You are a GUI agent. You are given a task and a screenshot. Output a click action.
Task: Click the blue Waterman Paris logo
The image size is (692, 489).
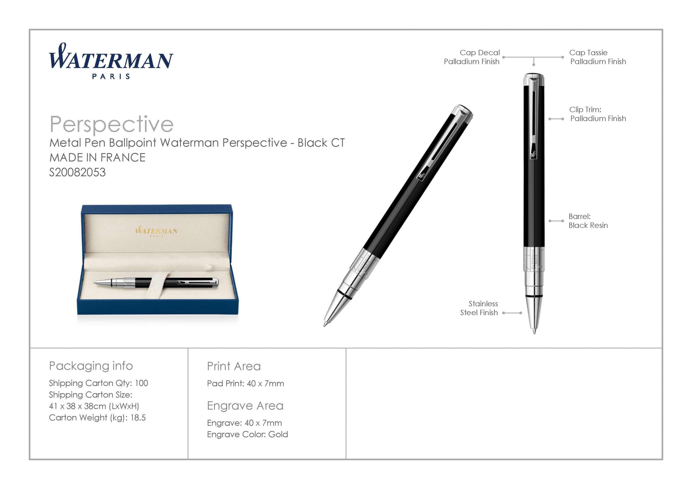point(111,61)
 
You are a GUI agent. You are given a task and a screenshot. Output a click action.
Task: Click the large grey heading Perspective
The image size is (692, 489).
point(112,124)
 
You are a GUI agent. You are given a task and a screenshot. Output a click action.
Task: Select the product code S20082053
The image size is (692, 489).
point(78,172)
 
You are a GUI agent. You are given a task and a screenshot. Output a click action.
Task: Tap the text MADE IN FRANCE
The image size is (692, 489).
point(97,157)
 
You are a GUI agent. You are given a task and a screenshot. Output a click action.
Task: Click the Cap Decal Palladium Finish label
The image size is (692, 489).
point(472,57)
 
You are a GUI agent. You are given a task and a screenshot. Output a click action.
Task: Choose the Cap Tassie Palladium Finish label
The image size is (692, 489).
point(598,57)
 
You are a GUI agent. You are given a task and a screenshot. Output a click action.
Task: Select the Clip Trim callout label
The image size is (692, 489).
point(598,114)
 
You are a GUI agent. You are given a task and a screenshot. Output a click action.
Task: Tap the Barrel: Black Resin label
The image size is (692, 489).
point(588,221)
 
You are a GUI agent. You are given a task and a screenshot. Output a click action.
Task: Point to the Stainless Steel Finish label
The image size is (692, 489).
point(479,308)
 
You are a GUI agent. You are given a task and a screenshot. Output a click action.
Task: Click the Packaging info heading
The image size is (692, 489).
point(91,366)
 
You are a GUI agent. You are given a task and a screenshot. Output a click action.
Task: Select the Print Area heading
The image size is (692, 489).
point(234,366)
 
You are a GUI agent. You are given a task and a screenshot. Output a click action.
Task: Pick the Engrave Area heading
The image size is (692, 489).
point(245,406)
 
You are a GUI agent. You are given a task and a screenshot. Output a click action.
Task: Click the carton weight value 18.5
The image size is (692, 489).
point(138,418)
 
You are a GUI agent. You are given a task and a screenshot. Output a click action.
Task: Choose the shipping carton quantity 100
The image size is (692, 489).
point(141,383)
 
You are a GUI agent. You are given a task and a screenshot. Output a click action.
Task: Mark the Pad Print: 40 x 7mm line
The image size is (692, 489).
point(245,383)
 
